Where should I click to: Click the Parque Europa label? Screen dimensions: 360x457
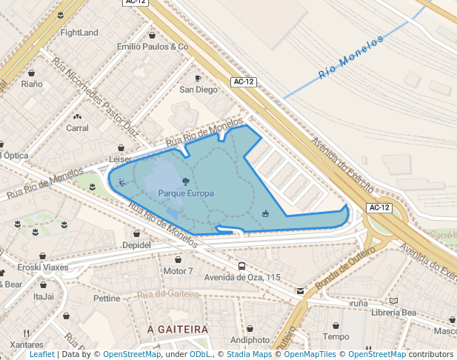pos(185,193)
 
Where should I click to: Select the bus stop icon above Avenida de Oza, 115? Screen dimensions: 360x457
pos(242,266)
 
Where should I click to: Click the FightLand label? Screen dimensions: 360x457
pos(79,33)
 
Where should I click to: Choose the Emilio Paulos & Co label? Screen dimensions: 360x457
pos(153,46)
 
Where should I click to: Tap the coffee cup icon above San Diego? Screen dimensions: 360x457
pos(198,78)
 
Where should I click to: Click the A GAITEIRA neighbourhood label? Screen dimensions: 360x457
pos(177,328)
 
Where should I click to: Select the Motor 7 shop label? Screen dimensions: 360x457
pos(178,271)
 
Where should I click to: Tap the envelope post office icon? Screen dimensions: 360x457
pos(299,291)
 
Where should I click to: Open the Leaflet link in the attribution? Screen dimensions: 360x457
pos(41,355)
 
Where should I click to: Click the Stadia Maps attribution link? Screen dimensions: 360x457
pos(249,355)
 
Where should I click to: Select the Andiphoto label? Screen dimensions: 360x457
pos(250,340)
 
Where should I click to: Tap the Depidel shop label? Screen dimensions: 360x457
pos(136,244)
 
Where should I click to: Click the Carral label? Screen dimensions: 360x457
pos(78,128)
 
